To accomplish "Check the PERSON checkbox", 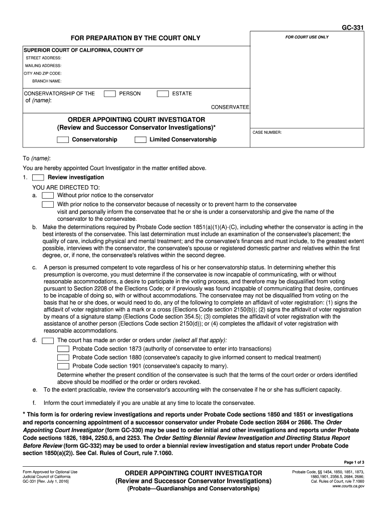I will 109,94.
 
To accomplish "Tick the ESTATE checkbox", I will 163,94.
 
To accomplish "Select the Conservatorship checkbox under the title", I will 63,140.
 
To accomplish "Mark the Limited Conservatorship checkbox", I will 141,140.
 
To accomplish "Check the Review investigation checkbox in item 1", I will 38,178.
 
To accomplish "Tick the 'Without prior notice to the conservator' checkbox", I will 48,196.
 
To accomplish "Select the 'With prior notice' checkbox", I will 48,205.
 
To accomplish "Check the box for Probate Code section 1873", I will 63,349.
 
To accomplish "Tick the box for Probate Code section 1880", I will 63,358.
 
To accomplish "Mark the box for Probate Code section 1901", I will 63,366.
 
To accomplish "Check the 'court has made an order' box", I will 48,340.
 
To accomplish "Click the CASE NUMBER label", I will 267,132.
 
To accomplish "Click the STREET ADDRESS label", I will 44,58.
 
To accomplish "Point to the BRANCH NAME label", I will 47,80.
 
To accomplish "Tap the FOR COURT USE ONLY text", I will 307,37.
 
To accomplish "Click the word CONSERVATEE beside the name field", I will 230,107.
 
